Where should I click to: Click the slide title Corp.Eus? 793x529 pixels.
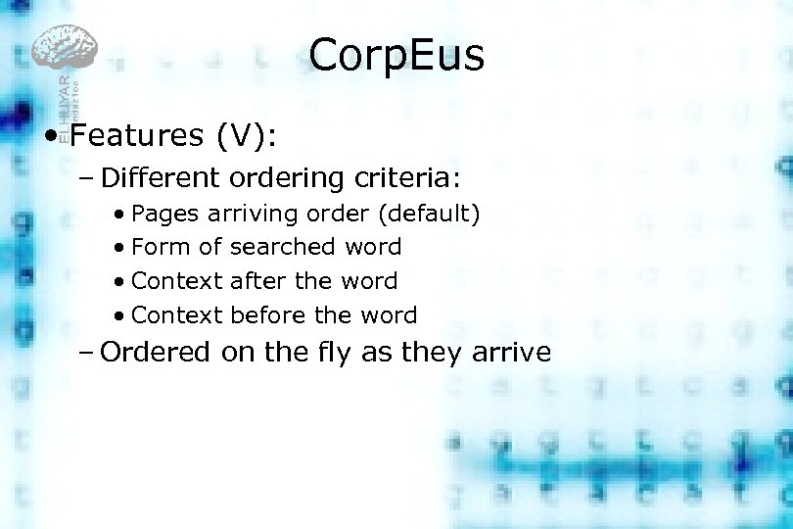pos(396,56)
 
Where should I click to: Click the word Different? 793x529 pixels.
pos(163,178)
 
